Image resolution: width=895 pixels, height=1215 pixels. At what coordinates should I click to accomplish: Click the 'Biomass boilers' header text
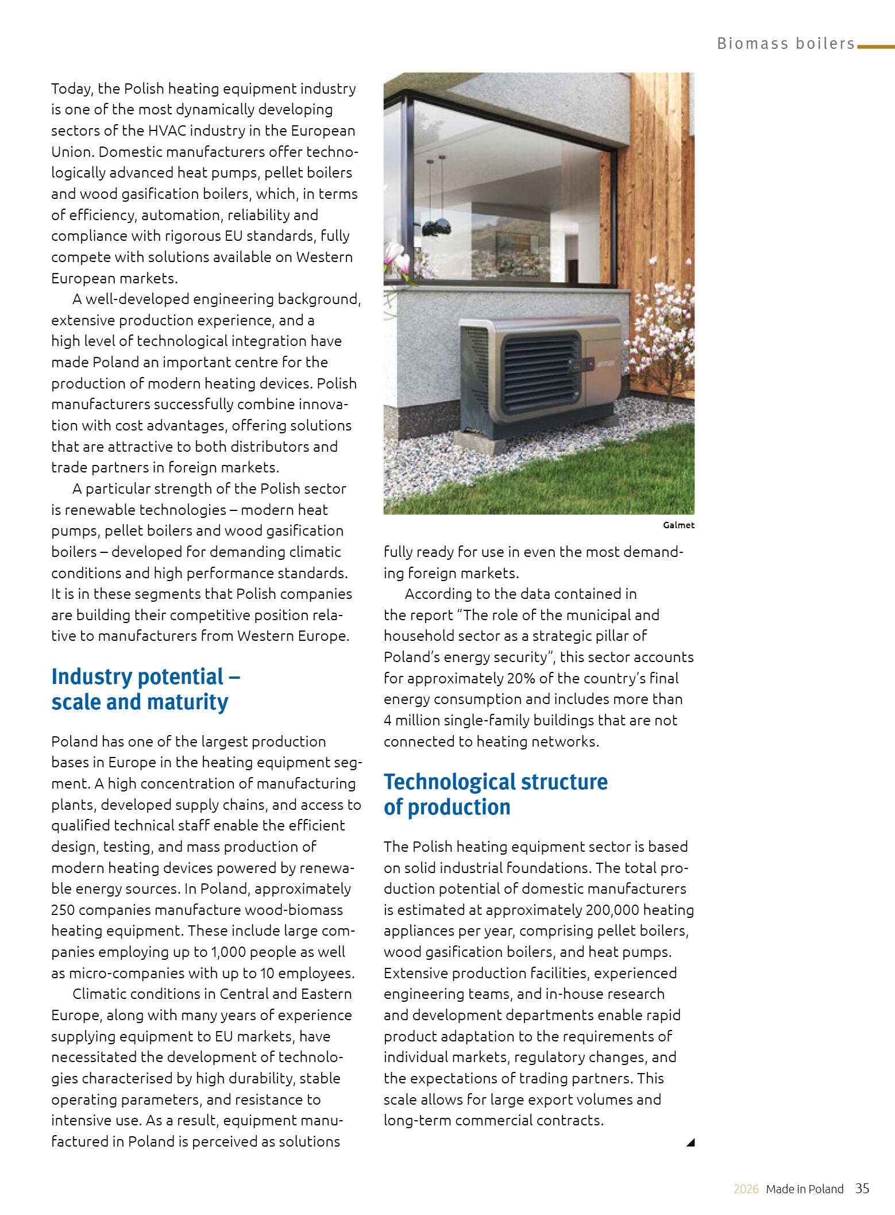tap(785, 44)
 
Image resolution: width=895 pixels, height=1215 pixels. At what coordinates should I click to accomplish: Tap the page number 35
tap(862, 1188)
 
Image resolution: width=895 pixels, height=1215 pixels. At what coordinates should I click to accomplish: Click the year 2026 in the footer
tap(746, 1189)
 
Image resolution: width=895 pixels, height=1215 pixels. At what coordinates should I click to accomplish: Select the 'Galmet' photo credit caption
tap(678, 525)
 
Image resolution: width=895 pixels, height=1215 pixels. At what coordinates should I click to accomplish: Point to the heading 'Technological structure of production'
tap(495, 794)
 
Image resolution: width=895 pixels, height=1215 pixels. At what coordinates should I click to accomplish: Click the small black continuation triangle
tap(690, 1142)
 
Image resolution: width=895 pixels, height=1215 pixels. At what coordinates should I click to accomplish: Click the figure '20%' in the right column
tap(521, 678)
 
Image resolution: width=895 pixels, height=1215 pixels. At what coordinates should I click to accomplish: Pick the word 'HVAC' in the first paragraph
tap(167, 130)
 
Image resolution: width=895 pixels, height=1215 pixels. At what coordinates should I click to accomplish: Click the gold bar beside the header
tap(875, 47)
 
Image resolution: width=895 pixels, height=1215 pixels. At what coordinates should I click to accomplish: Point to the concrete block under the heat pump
tap(480, 442)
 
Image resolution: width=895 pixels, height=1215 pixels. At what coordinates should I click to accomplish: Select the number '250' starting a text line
tap(63, 910)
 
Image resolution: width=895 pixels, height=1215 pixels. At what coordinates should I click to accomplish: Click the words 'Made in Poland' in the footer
tap(804, 1189)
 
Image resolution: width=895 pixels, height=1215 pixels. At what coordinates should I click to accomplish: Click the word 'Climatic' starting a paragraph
tap(97, 994)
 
